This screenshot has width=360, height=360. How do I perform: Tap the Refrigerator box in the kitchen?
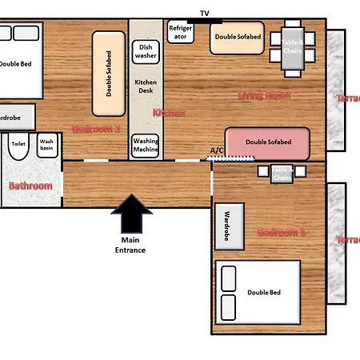[x=180, y=32]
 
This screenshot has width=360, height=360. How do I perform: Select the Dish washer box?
[x=145, y=52]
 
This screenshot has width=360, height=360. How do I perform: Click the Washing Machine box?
[x=145, y=146]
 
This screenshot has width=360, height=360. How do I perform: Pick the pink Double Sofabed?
[x=267, y=142]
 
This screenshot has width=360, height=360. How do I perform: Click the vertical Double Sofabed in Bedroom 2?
[x=109, y=73]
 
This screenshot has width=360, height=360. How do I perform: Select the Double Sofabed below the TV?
[x=237, y=38]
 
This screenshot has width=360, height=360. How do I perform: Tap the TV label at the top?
[x=205, y=13]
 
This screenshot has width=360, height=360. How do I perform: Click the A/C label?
[x=217, y=150]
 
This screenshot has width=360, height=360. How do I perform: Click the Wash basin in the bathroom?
[x=47, y=146]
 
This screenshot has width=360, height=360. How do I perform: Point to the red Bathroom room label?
[x=30, y=186]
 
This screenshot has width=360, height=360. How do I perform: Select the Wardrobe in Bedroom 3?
[x=229, y=226]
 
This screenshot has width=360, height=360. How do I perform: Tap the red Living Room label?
[x=263, y=96]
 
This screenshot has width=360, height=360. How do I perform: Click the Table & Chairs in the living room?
[x=291, y=45]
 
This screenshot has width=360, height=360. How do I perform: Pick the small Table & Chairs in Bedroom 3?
[x=277, y=171]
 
